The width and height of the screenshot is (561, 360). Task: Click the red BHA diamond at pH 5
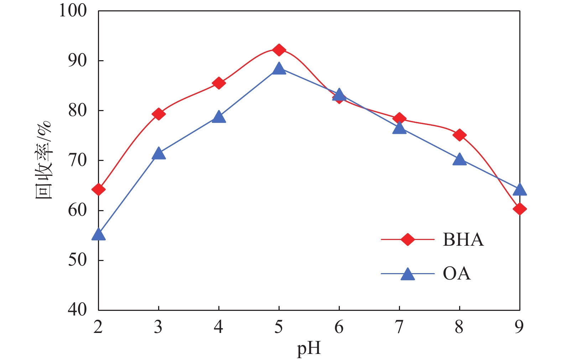pos(279,50)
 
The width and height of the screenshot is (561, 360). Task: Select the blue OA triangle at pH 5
pos(279,69)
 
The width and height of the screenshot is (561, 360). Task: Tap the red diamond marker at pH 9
pos(519,209)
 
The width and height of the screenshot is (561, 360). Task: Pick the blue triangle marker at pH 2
pos(99,235)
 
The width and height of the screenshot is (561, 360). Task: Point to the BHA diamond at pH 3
pos(159,114)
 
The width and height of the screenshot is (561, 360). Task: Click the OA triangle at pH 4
pos(219,118)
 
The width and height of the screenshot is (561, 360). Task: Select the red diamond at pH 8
pos(459,135)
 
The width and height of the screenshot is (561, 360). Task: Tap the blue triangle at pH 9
pos(519,190)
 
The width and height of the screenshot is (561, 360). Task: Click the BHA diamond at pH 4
pos(219,83)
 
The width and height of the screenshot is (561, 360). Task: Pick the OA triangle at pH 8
pos(459,160)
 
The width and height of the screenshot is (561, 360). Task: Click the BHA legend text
pos(463,240)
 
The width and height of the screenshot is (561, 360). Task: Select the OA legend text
pos(457,273)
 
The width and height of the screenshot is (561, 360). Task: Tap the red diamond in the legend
pos(407,239)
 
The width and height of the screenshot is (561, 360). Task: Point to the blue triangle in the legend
pos(407,274)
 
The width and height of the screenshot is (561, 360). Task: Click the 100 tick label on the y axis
pos(73,11)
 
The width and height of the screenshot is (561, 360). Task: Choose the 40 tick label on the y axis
pos(77,310)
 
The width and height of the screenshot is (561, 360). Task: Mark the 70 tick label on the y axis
pos(77,160)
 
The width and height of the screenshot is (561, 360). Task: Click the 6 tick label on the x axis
pos(339,327)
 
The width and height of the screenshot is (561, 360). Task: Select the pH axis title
pos(309,349)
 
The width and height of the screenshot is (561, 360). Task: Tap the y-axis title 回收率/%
pos(43,160)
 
